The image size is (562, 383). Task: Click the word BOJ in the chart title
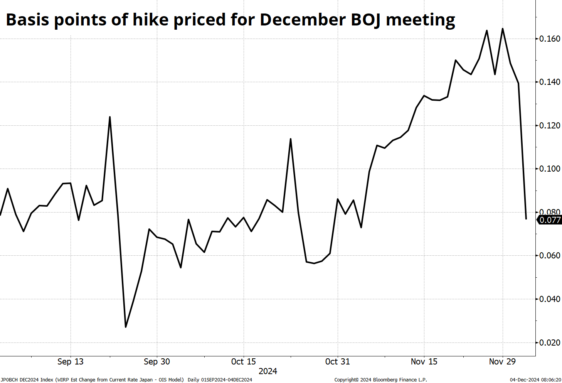365,19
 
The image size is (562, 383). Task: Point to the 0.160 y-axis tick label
550,39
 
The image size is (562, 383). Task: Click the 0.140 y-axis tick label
550,82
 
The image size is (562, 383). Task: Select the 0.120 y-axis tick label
550,125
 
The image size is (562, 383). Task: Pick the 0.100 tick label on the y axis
550,169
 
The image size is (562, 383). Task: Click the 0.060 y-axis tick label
550,255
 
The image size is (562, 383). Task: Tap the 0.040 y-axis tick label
550,299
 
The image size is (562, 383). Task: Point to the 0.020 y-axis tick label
550,343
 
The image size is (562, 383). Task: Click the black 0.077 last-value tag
550,220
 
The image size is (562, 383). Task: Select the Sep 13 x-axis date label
70,361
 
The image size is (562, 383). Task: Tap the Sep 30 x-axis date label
156,361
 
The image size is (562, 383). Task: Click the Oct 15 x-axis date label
243,361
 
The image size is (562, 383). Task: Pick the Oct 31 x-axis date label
337,361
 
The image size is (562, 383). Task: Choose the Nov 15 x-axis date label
424,361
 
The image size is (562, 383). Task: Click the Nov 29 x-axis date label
502,361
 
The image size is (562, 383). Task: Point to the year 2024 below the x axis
268,371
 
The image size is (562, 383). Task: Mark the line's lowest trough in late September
126,327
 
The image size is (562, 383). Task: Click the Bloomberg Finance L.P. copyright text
380,380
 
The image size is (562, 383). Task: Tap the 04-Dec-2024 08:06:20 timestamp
535,380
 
